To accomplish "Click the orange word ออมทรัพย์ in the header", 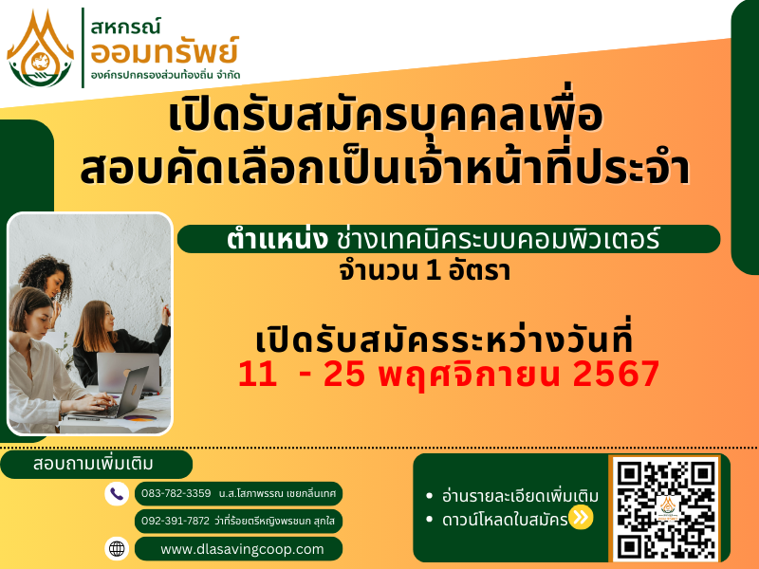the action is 164,52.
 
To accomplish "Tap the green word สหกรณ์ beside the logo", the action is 125,27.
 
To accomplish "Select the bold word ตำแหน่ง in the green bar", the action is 277,239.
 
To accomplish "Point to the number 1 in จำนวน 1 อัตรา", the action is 433,271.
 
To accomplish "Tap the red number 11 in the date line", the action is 257,374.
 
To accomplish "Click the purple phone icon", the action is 117,494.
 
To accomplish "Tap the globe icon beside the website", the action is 117,549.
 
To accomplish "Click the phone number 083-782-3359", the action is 176,493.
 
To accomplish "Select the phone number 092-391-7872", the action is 176,521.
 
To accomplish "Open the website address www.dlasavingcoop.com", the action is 242,549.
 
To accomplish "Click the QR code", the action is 666,509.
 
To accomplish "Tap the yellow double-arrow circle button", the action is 581,518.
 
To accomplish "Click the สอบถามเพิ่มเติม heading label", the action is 93,464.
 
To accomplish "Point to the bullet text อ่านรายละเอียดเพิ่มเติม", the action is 520,496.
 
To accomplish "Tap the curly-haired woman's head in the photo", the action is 46,275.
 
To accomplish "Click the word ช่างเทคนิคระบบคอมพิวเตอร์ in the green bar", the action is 498,239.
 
